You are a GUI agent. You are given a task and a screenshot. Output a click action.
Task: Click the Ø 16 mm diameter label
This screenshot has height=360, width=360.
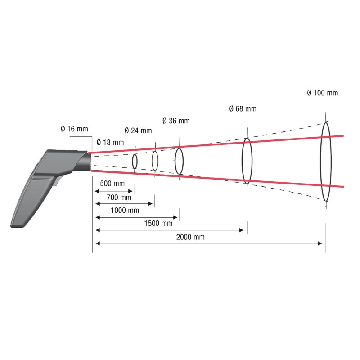(x=74, y=129)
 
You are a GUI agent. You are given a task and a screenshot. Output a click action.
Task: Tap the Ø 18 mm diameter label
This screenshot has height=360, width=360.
(x=110, y=142)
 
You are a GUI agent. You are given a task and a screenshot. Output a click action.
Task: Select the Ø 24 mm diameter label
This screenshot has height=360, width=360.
(x=138, y=130)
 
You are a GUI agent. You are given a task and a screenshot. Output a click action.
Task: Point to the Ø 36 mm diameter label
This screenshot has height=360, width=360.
(x=176, y=121)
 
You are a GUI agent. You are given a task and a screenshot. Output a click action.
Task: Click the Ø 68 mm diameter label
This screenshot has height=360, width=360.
(x=243, y=108)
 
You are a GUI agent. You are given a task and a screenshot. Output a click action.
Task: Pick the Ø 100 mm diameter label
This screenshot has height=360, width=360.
(x=323, y=93)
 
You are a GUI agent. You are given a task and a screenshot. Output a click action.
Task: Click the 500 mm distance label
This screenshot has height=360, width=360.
(x=112, y=184)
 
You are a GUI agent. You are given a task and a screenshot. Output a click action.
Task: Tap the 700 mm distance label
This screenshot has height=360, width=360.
(x=119, y=197)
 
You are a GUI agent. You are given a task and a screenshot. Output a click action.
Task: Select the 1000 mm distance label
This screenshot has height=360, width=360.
(x=125, y=210)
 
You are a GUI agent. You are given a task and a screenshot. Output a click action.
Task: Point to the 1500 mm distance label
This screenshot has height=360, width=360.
(x=158, y=223)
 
